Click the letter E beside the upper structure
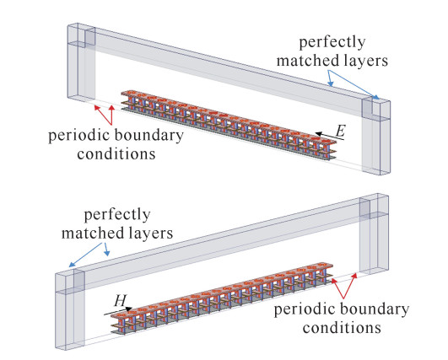(340, 132)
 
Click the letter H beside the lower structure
(121, 300)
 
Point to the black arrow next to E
(330, 137)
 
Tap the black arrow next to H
(118, 311)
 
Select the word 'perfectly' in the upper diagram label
(332, 43)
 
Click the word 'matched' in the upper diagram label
(307, 61)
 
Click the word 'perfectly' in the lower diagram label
(117, 215)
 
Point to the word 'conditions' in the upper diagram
(116, 154)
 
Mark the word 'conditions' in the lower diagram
(342, 327)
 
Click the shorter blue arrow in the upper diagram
(330, 78)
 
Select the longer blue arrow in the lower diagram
(85, 255)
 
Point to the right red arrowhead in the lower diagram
(354, 276)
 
